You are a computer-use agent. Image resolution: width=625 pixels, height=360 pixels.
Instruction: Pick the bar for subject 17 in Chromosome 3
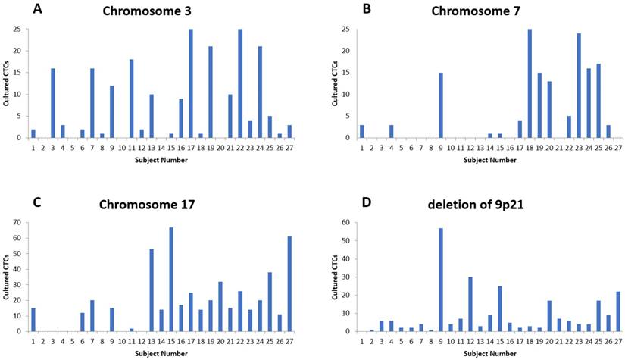pyautogui.click(x=190, y=83)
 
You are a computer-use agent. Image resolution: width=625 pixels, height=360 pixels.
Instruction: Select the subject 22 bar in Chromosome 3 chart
pyautogui.click(x=240, y=83)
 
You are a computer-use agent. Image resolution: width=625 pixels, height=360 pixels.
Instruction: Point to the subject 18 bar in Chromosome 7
pyautogui.click(x=530, y=83)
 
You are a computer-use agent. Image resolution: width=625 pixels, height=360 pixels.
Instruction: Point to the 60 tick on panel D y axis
pyautogui.click(x=324, y=223)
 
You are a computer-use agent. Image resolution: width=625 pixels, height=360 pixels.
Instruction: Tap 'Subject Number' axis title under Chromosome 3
pyautogui.click(x=161, y=160)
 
